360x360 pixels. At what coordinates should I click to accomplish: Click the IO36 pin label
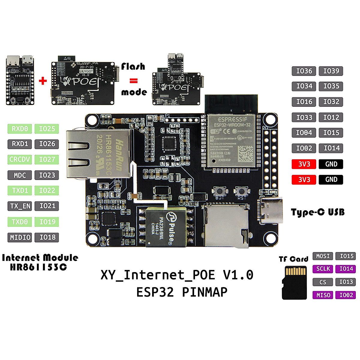[304, 71]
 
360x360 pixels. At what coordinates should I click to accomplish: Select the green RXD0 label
[20, 129]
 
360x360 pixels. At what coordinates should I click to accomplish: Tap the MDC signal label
[20, 175]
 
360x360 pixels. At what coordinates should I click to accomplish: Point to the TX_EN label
[20, 206]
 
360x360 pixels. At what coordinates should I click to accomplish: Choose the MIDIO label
[20, 237]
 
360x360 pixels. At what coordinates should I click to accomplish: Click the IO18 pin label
[47, 237]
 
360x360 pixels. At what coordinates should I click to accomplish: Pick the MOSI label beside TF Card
[323, 256]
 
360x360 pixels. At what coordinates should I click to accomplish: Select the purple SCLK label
[323, 269]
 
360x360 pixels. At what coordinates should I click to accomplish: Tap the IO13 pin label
[346, 282]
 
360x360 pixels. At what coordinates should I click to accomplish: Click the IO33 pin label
[304, 117]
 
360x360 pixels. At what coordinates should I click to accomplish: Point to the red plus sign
[43, 81]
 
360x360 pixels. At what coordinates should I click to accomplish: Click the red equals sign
[133, 81]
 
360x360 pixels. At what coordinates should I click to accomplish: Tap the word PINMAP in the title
[205, 292]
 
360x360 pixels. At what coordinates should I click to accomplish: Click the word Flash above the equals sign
[133, 66]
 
